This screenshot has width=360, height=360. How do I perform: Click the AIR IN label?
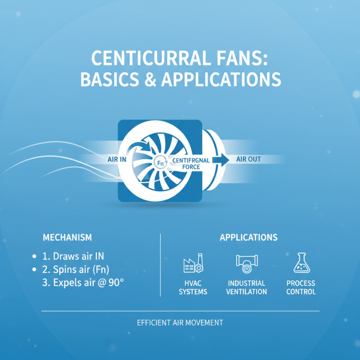click(x=117, y=159)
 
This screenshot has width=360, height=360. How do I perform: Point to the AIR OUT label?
click(x=248, y=159)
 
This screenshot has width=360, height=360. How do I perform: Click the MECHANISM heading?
click(x=67, y=237)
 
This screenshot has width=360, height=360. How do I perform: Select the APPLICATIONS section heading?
click(x=248, y=237)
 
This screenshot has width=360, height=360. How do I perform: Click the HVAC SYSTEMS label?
click(x=193, y=288)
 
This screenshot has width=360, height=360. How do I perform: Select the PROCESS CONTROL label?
click(x=301, y=288)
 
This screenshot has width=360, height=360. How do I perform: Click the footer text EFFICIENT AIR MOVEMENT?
click(x=180, y=323)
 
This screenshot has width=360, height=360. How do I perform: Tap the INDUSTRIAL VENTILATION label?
click(x=247, y=288)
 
